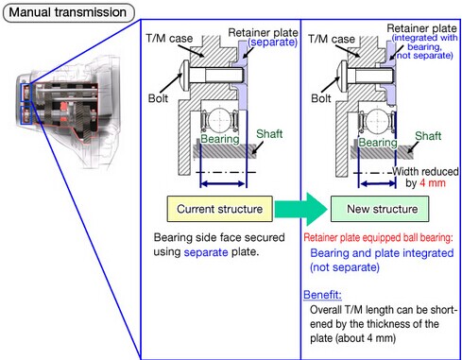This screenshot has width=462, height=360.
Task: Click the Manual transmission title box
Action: (69, 12)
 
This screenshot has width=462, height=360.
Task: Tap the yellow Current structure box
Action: (220, 209)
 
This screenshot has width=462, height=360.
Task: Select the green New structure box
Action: (380, 209)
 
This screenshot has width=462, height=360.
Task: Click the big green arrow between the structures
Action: (301, 209)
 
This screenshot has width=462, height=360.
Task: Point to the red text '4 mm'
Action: (433, 183)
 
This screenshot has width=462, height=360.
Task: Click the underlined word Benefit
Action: (322, 295)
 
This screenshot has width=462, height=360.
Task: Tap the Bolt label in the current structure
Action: (158, 98)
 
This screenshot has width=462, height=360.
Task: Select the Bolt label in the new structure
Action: (321, 98)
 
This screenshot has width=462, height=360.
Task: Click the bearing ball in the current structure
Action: (219, 120)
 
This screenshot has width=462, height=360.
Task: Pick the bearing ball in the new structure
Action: (378, 121)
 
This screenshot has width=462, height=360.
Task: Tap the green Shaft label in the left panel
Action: (269, 134)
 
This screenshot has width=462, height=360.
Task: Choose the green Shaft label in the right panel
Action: (428, 136)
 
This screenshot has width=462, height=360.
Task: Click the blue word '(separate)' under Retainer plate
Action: (273, 43)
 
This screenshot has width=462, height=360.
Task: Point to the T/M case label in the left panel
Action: (169, 39)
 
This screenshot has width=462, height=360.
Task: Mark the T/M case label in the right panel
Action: (332, 39)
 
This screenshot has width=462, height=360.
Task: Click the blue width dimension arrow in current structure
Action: (223, 183)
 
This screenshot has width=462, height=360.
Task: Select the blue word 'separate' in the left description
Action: (206, 252)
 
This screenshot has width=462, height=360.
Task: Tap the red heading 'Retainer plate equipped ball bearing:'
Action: (378, 237)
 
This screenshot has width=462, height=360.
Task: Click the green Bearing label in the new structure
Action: (378, 143)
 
